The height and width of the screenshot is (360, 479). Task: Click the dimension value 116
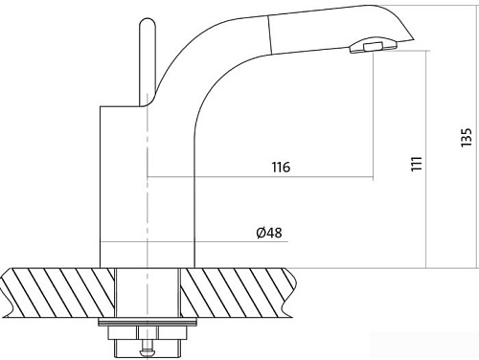[281, 167]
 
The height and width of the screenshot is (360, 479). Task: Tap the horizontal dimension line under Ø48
[239, 241]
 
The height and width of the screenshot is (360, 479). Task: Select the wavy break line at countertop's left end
[10, 292]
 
